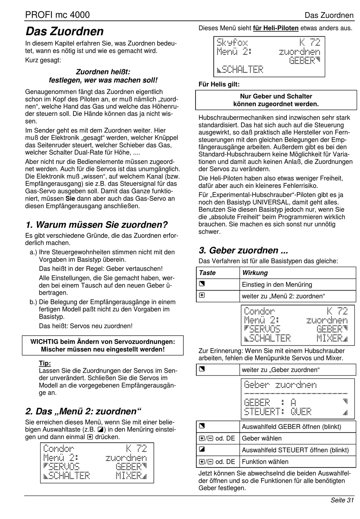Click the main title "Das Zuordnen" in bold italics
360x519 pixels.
[64, 31]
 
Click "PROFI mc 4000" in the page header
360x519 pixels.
[58, 15]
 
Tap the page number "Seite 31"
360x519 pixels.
[342, 500]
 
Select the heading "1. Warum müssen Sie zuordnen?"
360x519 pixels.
[97, 225]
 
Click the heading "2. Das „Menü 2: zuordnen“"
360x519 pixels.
[83, 411]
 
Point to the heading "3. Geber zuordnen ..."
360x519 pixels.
[243, 250]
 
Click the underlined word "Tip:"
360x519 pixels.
[45, 363]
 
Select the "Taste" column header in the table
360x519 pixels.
[207, 273]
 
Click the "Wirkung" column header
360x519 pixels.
[255, 273]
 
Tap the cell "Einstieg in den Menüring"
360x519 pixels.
[277, 285]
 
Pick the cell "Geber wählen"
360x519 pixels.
[262, 438]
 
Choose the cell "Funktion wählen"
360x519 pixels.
[265, 461]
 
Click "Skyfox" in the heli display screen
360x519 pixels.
[232, 42]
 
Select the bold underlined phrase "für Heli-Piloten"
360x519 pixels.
[275, 28]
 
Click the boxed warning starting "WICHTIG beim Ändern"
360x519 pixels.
[103, 345]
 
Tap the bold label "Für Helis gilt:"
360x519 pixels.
[219, 84]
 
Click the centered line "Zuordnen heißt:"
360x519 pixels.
[103, 72]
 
